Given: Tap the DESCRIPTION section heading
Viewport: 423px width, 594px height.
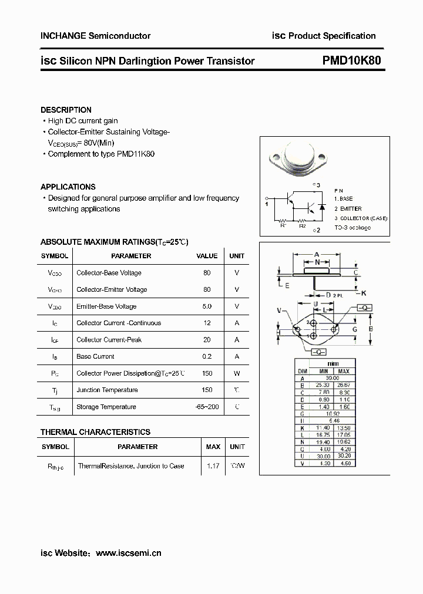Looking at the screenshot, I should point(66,110).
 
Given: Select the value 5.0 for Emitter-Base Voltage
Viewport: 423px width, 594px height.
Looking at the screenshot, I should point(207,306).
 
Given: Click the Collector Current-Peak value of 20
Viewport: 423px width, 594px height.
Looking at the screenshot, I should point(207,340).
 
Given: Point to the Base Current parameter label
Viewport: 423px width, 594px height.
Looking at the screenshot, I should point(95,356).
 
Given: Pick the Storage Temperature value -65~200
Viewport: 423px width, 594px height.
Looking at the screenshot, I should point(207,407).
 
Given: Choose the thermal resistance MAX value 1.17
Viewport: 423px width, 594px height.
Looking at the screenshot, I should point(213,465).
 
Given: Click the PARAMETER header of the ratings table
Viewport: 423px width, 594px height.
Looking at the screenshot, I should point(131,256).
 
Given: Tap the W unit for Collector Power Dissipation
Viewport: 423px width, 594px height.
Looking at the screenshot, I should point(237,373).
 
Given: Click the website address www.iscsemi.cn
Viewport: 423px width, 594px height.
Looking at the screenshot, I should point(128,553).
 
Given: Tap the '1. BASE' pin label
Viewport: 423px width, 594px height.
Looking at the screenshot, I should point(344,199).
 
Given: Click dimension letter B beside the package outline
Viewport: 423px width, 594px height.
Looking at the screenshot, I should point(370,329).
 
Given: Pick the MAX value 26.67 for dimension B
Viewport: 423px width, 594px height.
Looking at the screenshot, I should point(344,385).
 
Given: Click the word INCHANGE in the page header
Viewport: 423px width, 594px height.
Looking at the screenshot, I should point(62,36).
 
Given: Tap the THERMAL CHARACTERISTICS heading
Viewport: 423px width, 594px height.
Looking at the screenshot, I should point(95,432).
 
